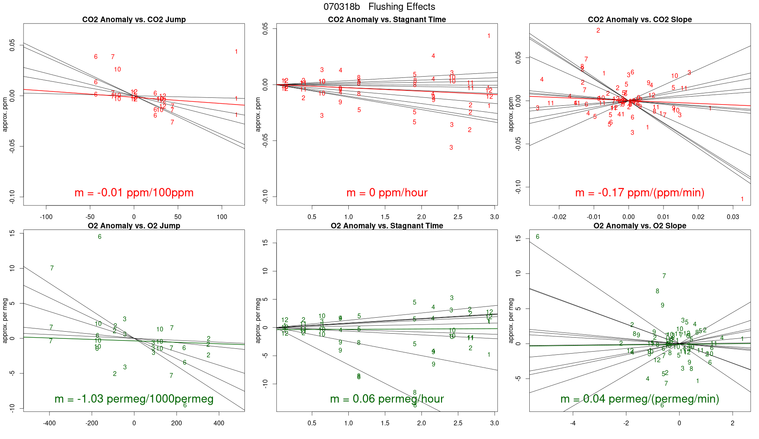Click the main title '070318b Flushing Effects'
[x=379, y=7]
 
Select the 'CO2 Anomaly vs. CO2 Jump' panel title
[x=134, y=20]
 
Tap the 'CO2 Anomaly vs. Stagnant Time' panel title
[x=387, y=20]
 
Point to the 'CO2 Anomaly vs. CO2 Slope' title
[x=640, y=20]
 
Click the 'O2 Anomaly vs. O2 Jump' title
[x=134, y=226]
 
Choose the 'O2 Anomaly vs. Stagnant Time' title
[x=387, y=226]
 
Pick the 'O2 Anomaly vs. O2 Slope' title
[x=640, y=226]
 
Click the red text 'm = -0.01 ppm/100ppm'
[x=134, y=193]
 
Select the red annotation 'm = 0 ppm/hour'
[x=387, y=193]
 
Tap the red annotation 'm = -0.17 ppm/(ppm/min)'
[x=640, y=193]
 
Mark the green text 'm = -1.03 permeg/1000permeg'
[x=134, y=399]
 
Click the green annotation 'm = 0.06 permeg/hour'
[x=387, y=399]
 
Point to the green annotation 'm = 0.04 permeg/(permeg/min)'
[x=640, y=399]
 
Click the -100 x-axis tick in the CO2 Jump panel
[x=46, y=217]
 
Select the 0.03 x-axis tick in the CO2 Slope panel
[x=733, y=217]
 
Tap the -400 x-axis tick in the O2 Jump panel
[x=50, y=423]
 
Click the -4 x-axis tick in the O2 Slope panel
[x=573, y=423]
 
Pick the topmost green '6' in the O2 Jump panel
[x=99, y=237]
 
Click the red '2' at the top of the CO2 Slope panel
[x=598, y=30]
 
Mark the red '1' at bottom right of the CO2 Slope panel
[x=742, y=199]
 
